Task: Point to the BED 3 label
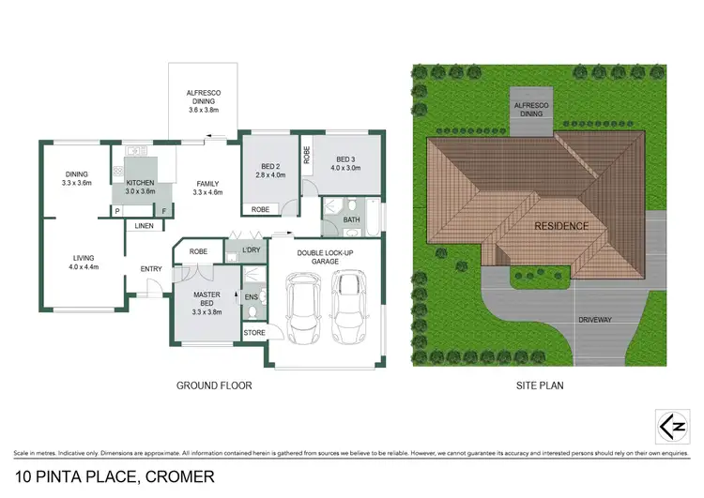345,163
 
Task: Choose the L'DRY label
250,250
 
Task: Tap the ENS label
251,297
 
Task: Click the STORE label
254,333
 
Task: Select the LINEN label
144,226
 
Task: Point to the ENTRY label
151,269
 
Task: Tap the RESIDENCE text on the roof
561,226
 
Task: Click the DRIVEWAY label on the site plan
615,320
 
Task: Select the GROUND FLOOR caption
214,385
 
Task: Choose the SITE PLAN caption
540,385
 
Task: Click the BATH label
352,220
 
